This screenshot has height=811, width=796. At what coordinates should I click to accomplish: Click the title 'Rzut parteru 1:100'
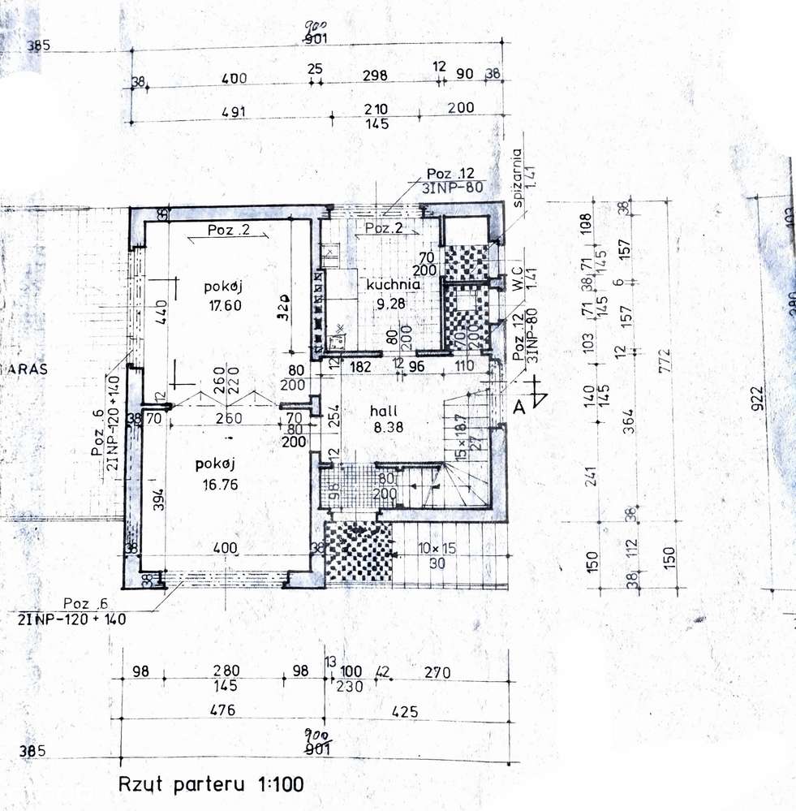[x=210, y=785]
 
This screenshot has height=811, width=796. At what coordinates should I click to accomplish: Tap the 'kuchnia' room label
[x=393, y=285]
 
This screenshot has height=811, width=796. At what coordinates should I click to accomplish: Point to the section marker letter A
[x=520, y=409]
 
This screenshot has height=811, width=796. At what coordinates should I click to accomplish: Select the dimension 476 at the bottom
[x=222, y=710]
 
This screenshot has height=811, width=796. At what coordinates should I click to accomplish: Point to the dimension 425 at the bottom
[x=404, y=712]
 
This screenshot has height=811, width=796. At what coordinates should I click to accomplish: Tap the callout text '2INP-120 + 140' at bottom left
[x=70, y=619]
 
